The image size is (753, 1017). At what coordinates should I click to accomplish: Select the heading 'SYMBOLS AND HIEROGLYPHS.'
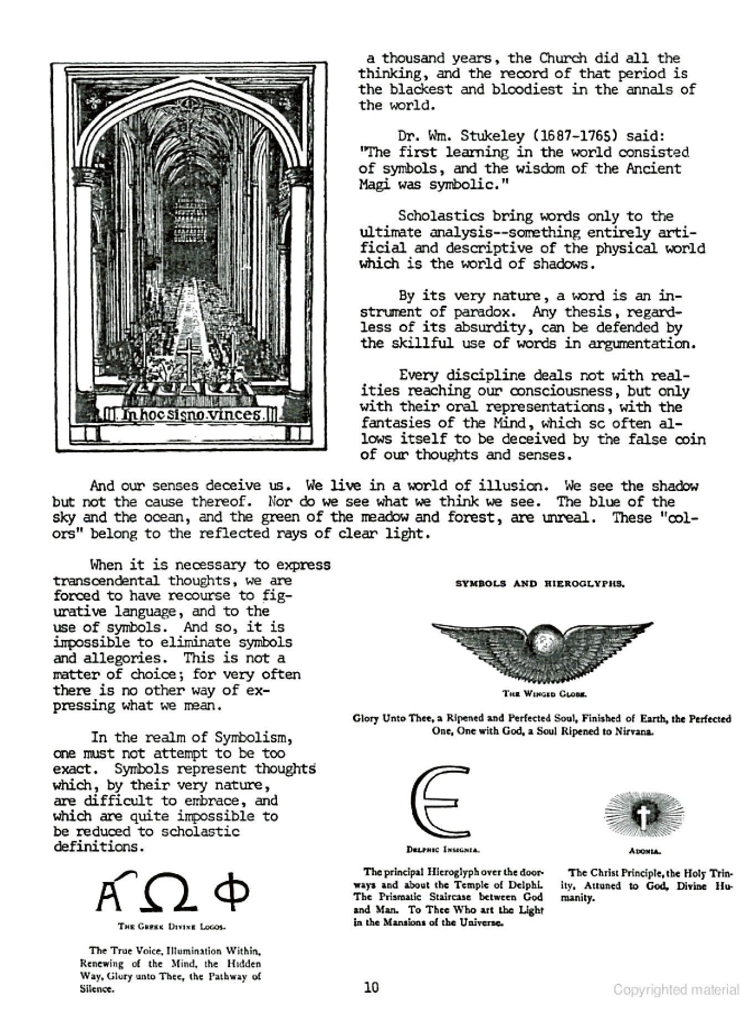point(540,584)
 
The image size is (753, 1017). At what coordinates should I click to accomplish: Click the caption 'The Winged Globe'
point(544,693)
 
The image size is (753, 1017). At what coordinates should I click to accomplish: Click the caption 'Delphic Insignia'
point(443,849)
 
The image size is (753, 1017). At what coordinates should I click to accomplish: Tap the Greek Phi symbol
point(232,891)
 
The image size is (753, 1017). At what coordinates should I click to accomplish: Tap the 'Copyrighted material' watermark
point(675,990)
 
